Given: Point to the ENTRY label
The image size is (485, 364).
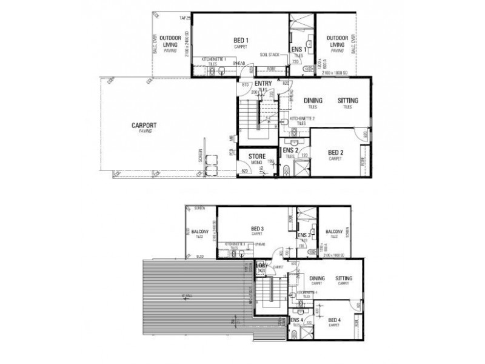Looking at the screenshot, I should point(263,84).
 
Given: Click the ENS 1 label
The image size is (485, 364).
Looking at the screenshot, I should point(296,49).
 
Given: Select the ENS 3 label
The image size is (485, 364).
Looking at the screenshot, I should point(304,235).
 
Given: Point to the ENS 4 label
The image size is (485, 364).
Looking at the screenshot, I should point(296,320).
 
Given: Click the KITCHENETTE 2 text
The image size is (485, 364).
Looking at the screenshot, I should point(301,118).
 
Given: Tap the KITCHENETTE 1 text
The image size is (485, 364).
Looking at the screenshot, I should point(214,58).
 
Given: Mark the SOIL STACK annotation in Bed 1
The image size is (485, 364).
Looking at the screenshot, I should point(270,54).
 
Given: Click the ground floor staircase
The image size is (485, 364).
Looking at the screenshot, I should point(255,121).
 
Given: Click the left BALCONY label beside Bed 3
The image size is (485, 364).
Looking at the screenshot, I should point(200,232).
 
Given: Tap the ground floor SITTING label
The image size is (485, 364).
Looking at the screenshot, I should point(347,100).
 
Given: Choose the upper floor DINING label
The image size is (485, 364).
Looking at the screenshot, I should point(318,278).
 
